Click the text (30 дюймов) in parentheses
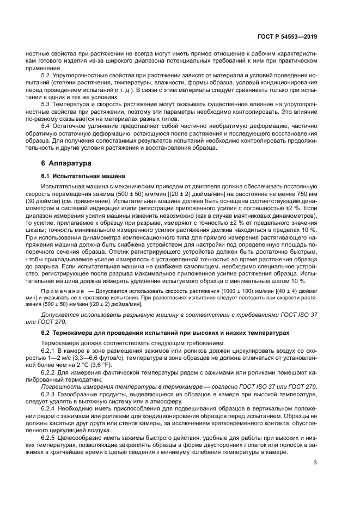click(58, 201)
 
